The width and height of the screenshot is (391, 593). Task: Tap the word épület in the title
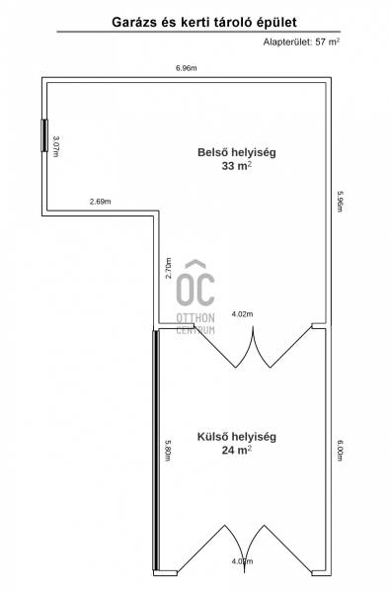pyautogui.click(x=277, y=23)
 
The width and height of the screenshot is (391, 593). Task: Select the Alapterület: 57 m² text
pyautogui.click(x=301, y=42)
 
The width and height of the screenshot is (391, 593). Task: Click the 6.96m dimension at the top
pyautogui.click(x=187, y=68)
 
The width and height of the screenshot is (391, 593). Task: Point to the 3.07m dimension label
pyautogui.click(x=55, y=146)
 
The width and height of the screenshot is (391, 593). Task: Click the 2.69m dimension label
pyautogui.click(x=101, y=202)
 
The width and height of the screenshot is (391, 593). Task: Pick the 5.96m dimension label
pyautogui.click(x=340, y=202)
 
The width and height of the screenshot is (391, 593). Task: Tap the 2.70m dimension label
pyautogui.click(x=168, y=268)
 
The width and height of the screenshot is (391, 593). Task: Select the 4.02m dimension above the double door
pyautogui.click(x=243, y=314)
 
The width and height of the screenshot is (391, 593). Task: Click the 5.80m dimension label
pyautogui.click(x=168, y=450)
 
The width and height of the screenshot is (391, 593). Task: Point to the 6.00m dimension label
pyautogui.click(x=340, y=450)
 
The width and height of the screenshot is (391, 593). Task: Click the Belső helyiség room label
pyautogui.click(x=237, y=152)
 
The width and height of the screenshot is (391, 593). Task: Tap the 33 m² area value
pyautogui.click(x=237, y=166)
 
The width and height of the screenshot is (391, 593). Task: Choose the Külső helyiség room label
pyautogui.click(x=237, y=437)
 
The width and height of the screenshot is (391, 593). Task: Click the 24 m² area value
pyautogui.click(x=237, y=450)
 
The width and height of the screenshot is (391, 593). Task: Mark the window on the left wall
pyautogui.click(x=44, y=135)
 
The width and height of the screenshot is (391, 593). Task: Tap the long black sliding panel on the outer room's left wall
pyautogui.click(x=156, y=450)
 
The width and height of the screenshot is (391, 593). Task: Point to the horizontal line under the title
pyautogui.click(x=198, y=32)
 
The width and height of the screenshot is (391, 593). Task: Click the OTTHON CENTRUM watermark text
pyautogui.click(x=195, y=324)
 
